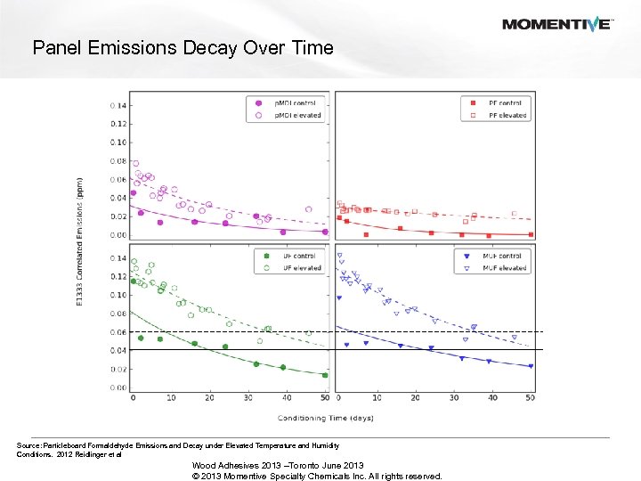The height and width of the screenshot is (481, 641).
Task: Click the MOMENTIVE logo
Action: click(557, 24)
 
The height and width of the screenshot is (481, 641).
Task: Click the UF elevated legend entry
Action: click(290, 267)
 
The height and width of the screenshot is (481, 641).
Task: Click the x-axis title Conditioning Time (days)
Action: click(326, 417)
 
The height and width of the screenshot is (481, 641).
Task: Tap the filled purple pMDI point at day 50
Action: click(325, 232)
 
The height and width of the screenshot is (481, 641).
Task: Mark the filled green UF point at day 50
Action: click(325, 375)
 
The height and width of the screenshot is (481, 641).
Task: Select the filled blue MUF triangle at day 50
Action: click(531, 366)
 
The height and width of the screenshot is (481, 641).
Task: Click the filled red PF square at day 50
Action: click(531, 234)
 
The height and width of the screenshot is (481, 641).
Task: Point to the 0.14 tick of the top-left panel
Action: click(118, 105)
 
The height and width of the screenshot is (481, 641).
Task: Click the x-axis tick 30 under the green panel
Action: click(247, 397)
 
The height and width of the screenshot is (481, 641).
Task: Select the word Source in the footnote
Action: click(28, 444)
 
